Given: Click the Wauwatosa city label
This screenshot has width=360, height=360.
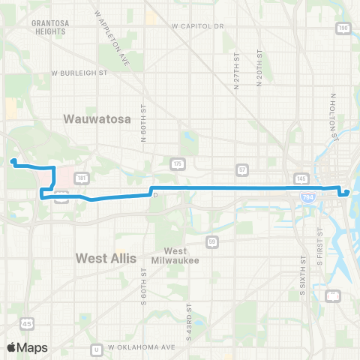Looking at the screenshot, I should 97,118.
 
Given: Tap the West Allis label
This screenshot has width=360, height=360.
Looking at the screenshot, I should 106,258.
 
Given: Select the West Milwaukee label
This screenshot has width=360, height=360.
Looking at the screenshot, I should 175,255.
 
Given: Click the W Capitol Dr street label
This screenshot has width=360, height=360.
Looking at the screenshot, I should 199,26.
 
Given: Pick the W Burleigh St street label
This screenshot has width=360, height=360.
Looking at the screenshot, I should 80,73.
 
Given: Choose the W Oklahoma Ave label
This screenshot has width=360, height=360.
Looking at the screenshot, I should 142,347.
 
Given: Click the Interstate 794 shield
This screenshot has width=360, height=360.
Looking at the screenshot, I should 307,196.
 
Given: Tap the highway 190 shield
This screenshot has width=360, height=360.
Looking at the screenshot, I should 343,28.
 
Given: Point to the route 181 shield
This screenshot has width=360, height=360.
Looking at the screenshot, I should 81,178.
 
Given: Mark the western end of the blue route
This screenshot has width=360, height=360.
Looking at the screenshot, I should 13,160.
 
